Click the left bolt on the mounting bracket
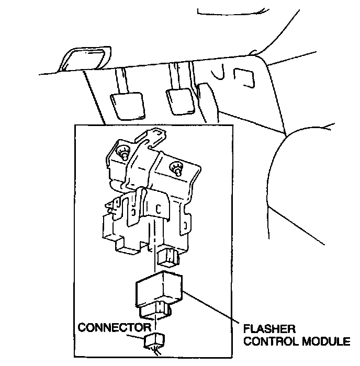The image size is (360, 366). tap(125, 153)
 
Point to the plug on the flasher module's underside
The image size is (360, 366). tap(155, 312)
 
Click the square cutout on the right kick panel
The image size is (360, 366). tap(242, 77)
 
